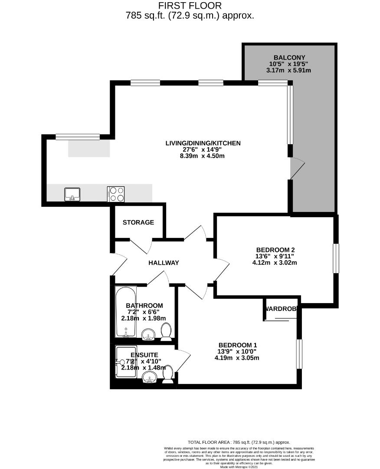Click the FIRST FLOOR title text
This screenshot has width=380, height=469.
pos(190,6)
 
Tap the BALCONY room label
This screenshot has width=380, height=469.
pos(289,57)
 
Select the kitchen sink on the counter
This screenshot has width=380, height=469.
pos(72,194)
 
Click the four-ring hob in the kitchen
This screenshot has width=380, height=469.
pos(116,194)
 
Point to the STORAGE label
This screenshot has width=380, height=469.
pos(138,222)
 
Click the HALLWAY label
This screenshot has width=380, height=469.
pos(164,263)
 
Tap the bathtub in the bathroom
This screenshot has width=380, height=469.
pos(126,311)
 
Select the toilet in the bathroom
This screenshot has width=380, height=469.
pos(166,332)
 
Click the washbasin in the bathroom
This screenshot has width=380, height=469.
pos(149,334)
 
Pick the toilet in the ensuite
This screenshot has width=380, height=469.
pos(168,374)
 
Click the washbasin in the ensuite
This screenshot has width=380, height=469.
pos(150,379)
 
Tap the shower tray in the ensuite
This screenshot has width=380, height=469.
pos(126,361)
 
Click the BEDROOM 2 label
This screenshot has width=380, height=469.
pos(275,250)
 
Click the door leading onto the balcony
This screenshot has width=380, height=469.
pos(297,168)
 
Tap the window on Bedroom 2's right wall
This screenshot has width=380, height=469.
pos(336,258)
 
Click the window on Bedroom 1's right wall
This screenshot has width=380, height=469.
pos(299,354)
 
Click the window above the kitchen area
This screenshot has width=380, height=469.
pos(78,137)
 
